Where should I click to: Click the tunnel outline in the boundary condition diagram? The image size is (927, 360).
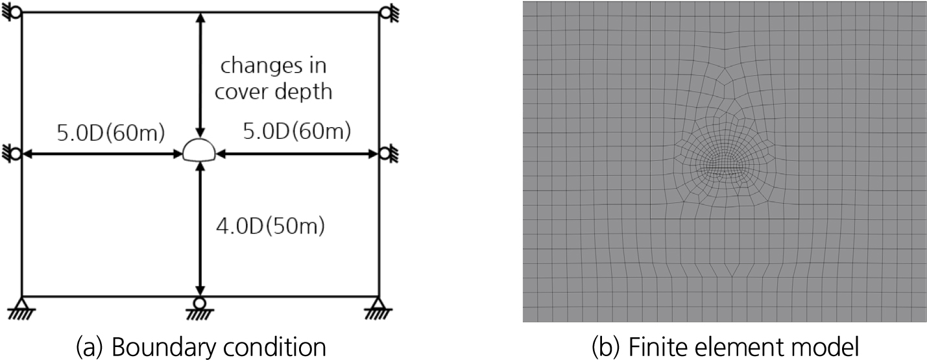pyautogui.click(x=199, y=139)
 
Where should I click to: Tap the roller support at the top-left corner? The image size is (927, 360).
pyautogui.click(x=12, y=12)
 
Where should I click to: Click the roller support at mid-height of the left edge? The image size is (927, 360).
pyautogui.click(x=12, y=154)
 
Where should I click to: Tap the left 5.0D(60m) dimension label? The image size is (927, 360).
pyautogui.click(x=110, y=133)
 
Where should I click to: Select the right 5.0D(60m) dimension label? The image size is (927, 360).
pyautogui.click(x=296, y=132)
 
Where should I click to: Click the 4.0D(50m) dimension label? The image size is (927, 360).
pyautogui.click(x=271, y=226)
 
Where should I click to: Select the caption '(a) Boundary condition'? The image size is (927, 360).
pyautogui.click(x=201, y=347)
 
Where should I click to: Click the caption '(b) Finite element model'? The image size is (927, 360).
pyautogui.click(x=725, y=347)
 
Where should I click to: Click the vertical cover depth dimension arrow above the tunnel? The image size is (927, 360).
pyautogui.click(x=200, y=75)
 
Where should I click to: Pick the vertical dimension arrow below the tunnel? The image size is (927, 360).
pyautogui.click(x=200, y=229)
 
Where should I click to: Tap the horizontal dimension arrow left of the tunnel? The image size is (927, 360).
pyautogui.click(x=102, y=154)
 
